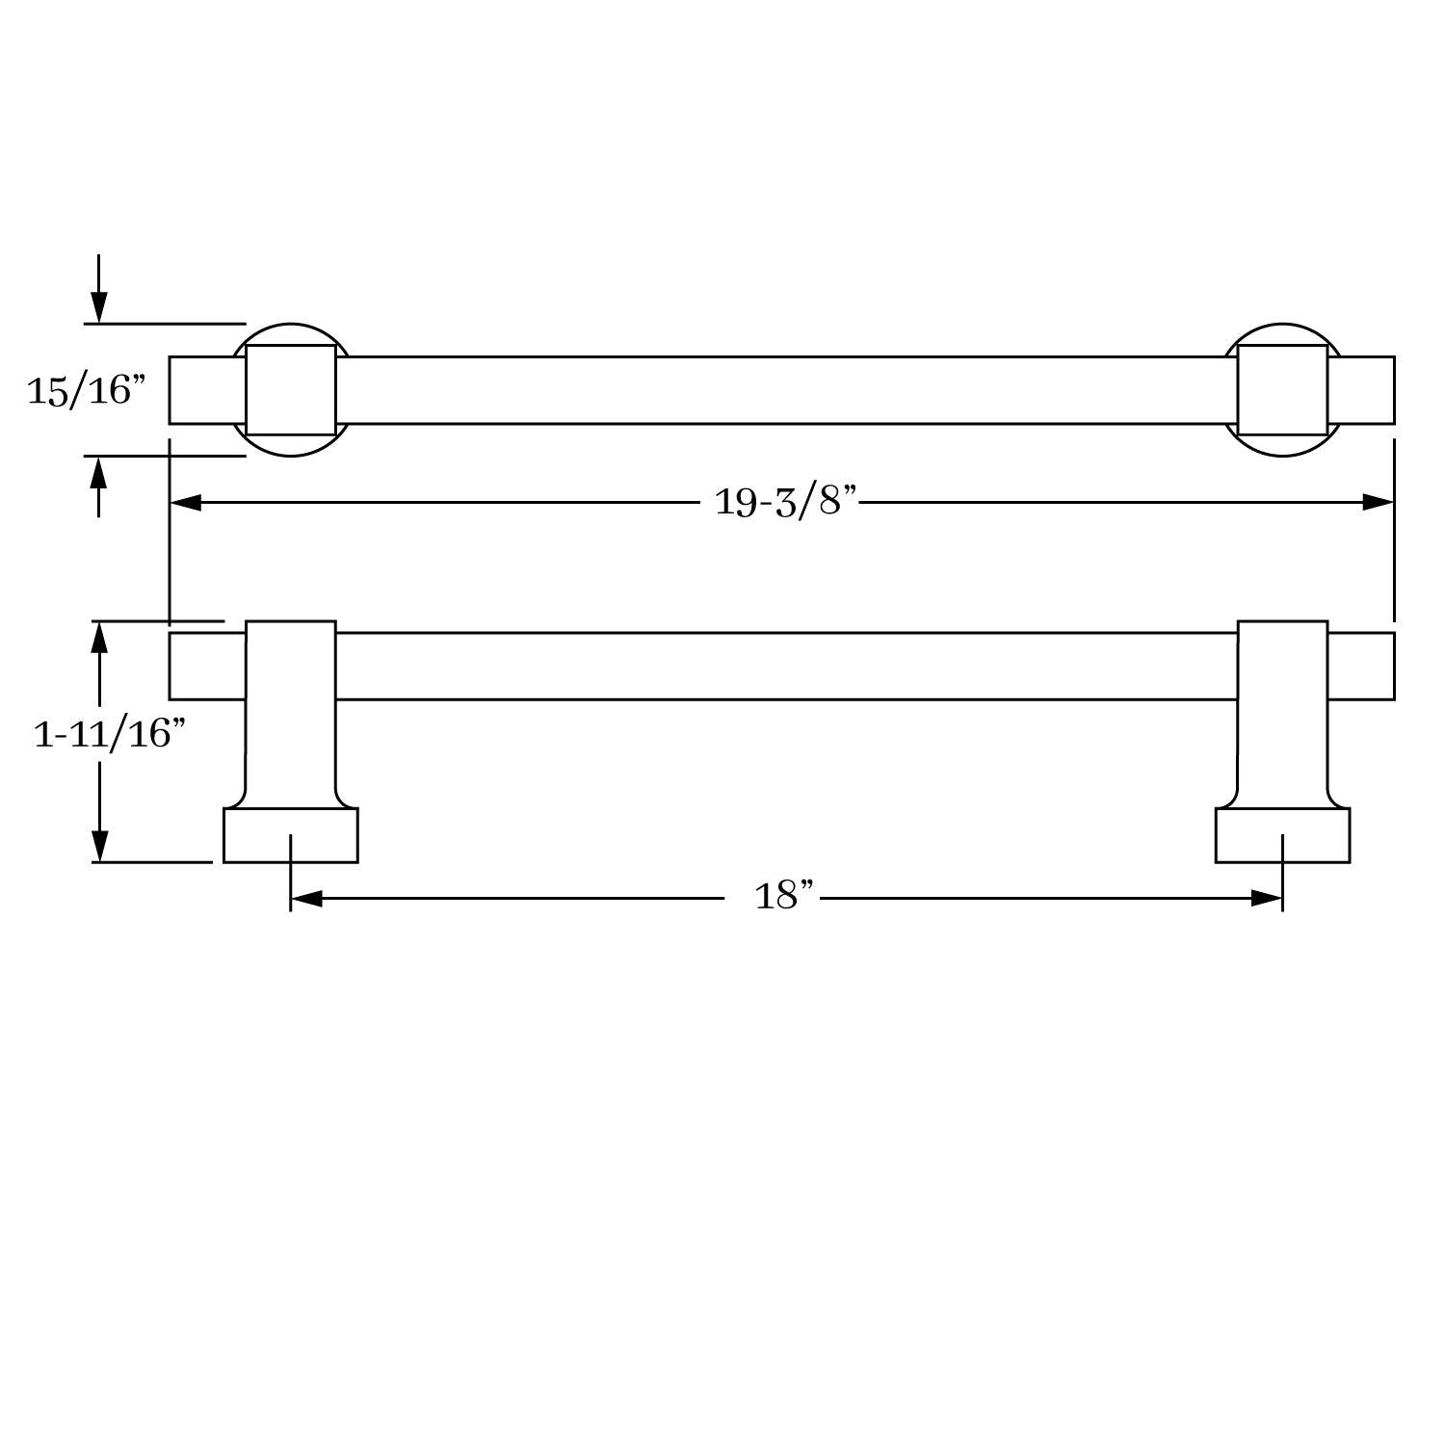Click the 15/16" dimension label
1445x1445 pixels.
[86, 390]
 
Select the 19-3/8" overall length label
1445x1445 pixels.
[785, 501]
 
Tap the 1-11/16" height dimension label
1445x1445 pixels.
[109, 734]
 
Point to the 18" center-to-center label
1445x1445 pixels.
[784, 897]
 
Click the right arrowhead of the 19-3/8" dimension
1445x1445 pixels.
[1379, 502]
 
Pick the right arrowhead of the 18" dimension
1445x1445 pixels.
[1267, 899]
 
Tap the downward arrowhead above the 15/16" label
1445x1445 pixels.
[98, 309]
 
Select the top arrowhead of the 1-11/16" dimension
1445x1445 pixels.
[98, 636]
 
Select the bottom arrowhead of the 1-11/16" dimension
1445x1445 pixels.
[98, 847]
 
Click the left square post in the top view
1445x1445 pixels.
[290, 390]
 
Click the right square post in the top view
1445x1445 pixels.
[1282, 390]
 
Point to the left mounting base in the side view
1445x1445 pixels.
[290, 835]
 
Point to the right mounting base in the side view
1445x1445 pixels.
[1282, 835]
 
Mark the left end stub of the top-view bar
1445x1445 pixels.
[206, 390]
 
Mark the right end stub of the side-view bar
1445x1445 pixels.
[1361, 666]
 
